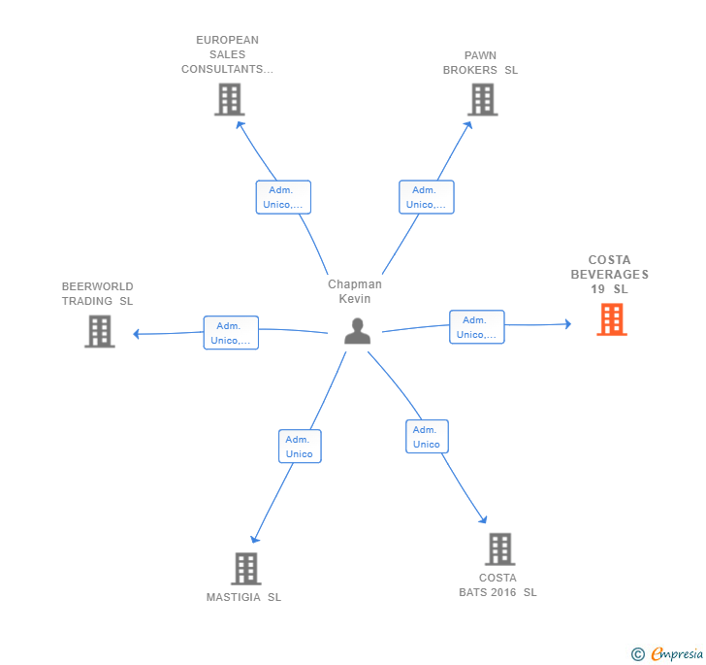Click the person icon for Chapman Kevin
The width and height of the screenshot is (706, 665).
click(x=358, y=331)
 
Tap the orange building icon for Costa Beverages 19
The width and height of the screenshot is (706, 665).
click(x=612, y=319)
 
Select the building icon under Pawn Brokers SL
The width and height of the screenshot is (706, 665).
click(x=483, y=100)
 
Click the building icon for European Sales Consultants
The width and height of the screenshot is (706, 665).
click(x=230, y=100)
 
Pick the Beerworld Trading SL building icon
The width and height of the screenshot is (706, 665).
click(x=100, y=331)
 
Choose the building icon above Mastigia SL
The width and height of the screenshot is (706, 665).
click(x=246, y=569)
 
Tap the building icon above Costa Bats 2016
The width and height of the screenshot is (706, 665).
click(x=500, y=549)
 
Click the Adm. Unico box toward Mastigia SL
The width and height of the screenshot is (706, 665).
click(x=300, y=447)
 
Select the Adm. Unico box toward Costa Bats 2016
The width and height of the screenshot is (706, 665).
click(x=427, y=437)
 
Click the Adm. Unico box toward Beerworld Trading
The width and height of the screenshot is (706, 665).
click(x=231, y=333)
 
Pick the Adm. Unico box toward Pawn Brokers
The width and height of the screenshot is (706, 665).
click(x=427, y=197)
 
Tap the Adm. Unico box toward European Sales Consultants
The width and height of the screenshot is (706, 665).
click(x=283, y=197)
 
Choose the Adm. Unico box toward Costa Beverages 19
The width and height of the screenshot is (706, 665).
click(x=477, y=327)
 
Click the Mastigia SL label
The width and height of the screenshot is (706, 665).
click(x=243, y=597)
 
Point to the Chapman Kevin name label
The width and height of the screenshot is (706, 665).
click(x=355, y=291)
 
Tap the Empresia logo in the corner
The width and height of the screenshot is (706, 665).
click(x=667, y=653)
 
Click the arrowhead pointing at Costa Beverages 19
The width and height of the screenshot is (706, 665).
click(x=568, y=323)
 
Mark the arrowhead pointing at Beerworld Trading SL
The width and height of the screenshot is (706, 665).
click(x=136, y=334)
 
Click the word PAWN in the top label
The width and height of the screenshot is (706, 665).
click(x=480, y=55)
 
